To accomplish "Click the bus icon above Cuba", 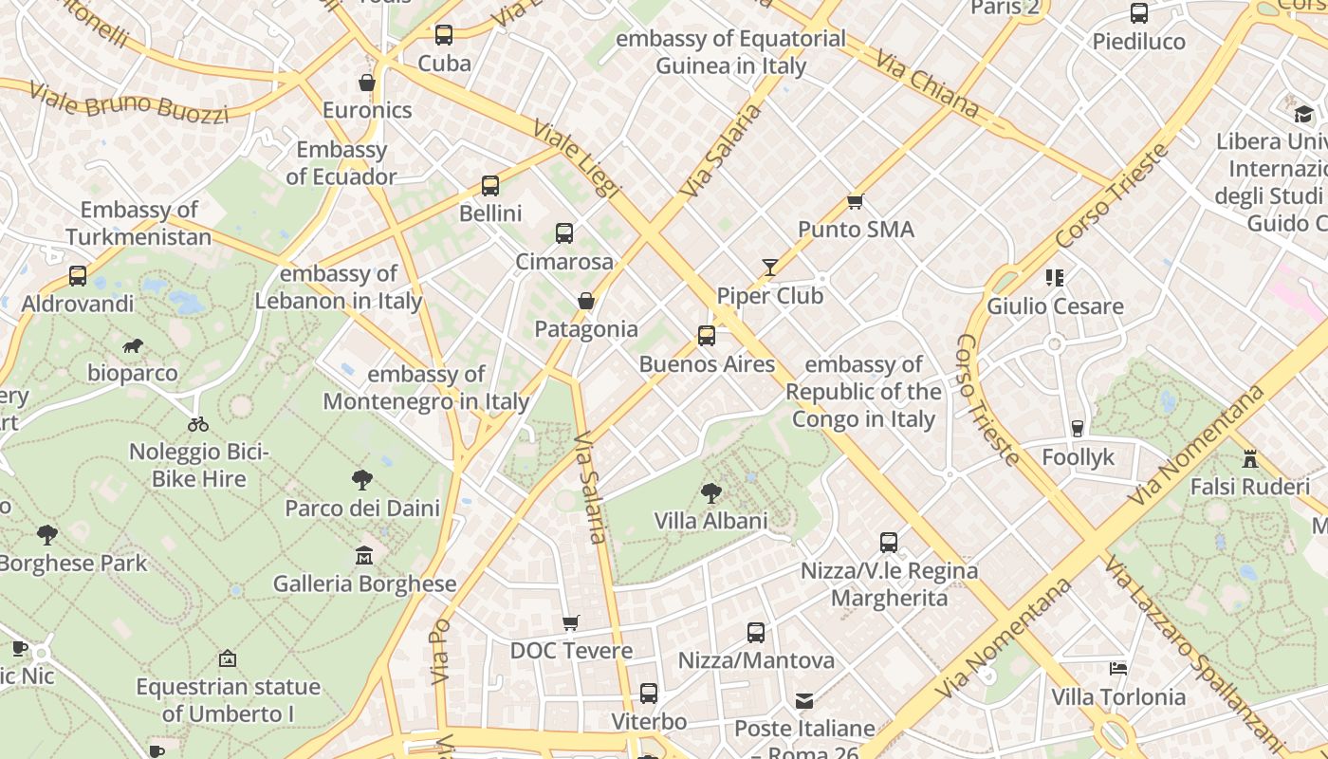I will point(444,35).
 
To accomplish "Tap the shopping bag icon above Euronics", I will point(367,83).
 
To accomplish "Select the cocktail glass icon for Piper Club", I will point(770,268).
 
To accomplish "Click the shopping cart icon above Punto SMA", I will point(856,201).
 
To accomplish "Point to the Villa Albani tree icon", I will point(710,492).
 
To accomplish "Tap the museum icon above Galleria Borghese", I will point(364,555).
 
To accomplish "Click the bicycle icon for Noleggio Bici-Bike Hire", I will point(198,424).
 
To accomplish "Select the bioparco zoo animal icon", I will point(133,345).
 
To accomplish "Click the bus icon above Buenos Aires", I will point(707,336).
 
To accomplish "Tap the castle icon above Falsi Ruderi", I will point(1250,459).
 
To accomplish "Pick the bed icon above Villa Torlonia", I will point(1118,669).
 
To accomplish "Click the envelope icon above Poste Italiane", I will point(804,701).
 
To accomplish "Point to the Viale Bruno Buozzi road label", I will point(129,102).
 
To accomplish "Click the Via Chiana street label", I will point(927,83).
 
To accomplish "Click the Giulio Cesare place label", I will point(1055,306).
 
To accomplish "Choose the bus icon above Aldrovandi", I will point(78,276).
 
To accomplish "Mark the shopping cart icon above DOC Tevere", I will point(570,623).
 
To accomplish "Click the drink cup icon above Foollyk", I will point(1078,429).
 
